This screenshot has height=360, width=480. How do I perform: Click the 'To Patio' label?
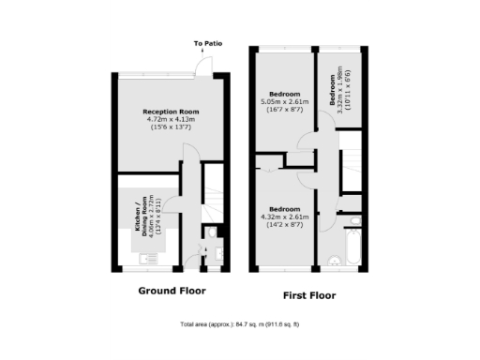207,44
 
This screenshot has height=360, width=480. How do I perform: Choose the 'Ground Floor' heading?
172,291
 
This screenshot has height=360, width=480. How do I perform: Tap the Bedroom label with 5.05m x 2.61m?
285,95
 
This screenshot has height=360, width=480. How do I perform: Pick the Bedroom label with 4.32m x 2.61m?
285,208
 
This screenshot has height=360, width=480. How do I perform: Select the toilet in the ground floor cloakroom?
212,235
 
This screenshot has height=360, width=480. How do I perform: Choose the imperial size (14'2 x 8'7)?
285,224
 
